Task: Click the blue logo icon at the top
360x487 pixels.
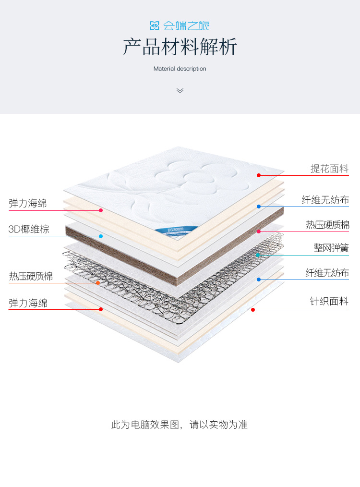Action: (x=155, y=25)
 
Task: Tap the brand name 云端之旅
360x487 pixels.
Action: (x=187, y=25)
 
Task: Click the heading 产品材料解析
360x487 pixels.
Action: (x=180, y=47)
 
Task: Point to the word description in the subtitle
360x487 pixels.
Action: (x=192, y=69)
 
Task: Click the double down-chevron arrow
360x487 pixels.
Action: (x=180, y=90)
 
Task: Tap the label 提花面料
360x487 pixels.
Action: (x=329, y=169)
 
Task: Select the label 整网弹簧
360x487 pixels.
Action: (x=331, y=248)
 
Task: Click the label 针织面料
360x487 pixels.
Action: (x=329, y=302)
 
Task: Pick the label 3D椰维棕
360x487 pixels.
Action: (x=29, y=229)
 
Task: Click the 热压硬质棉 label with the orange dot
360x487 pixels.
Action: (x=31, y=276)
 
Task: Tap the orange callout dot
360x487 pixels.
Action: (x=98, y=283)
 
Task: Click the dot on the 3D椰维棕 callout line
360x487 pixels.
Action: (x=101, y=236)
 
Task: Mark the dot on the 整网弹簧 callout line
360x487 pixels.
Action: (x=258, y=255)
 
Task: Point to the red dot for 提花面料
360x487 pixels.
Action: (x=258, y=175)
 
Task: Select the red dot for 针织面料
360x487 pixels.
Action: (x=253, y=310)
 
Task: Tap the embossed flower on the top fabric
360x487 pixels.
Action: (x=185, y=175)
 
